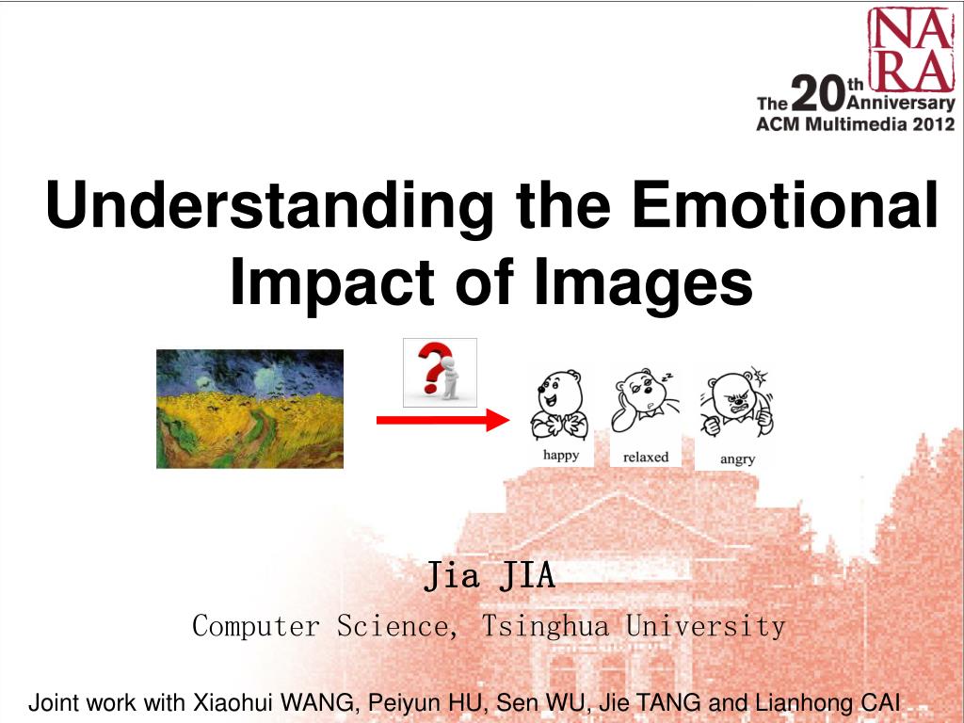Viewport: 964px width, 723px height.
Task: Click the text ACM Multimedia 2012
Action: coord(855,124)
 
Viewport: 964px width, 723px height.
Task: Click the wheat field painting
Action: coord(249,409)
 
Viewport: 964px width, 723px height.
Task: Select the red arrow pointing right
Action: coord(442,421)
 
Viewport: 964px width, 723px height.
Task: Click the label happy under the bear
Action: coord(561,456)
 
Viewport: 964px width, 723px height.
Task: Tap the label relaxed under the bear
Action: coord(646,457)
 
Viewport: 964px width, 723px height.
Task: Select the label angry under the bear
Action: coord(737,458)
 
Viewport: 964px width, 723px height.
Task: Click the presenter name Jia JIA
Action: coord(490,575)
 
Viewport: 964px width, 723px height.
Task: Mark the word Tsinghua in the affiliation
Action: coord(545,626)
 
